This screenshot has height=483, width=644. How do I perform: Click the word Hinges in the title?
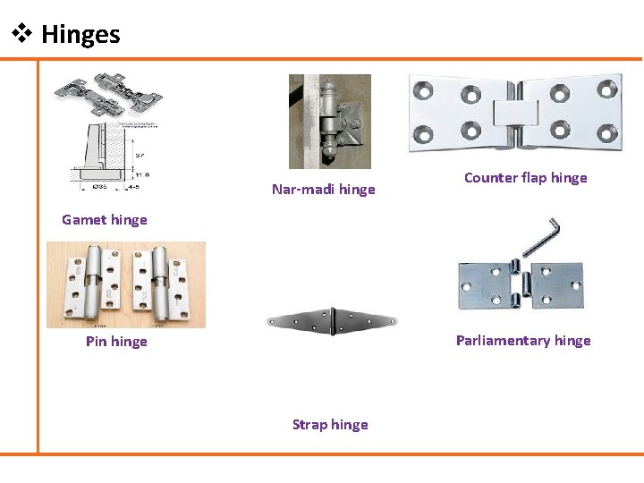pos(80,35)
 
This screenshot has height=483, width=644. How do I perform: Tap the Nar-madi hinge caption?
pos(323,190)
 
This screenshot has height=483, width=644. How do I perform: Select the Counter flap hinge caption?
pos(525,178)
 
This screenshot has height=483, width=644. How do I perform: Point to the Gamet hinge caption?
pos(104,220)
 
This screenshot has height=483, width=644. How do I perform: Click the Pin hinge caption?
pos(116,342)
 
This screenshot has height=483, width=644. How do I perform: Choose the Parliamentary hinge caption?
pos(523,341)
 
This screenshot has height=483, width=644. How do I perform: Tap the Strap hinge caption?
pos(330,425)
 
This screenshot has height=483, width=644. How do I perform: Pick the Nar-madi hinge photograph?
pos(329,121)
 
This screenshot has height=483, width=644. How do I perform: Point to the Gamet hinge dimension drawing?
pos(103,157)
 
